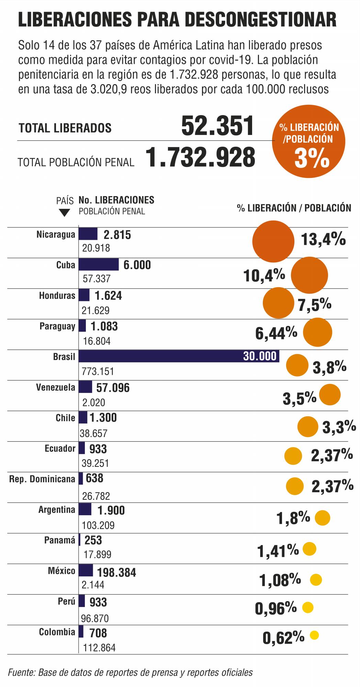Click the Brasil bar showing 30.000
[x=179, y=356]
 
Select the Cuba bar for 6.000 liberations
[x=99, y=264]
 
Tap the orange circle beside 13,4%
[x=273, y=241]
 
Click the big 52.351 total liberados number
[x=217, y=126]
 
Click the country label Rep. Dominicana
[x=42, y=479]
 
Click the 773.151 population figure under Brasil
[x=98, y=371]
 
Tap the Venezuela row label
[x=55, y=387]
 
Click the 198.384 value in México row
[x=116, y=572]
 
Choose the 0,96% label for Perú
[x=275, y=609]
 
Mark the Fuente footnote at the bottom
[x=131, y=672]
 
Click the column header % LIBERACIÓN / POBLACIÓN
[x=294, y=208]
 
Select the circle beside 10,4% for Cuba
[x=309, y=275]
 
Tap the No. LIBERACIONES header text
[x=116, y=200]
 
